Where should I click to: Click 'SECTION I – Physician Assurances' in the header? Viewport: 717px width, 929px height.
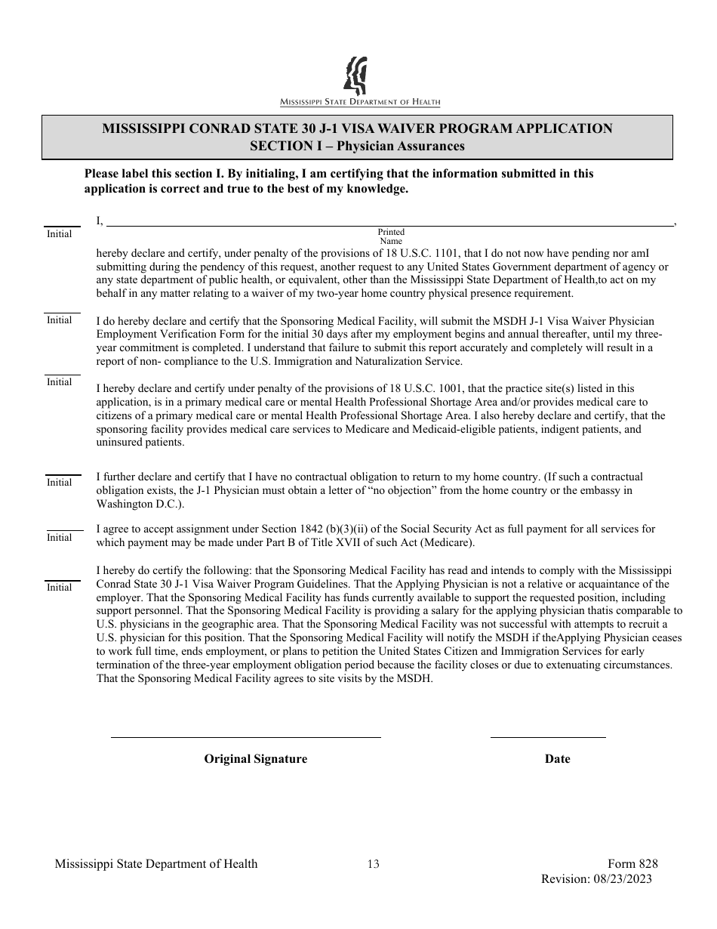[x=357, y=147]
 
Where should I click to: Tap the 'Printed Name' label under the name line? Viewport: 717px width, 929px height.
[x=391, y=236]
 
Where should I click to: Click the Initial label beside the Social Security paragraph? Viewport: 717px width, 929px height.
[x=59, y=538]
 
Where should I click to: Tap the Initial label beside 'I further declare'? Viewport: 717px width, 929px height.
[x=59, y=483]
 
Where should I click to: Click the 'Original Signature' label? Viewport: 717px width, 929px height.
[x=255, y=759]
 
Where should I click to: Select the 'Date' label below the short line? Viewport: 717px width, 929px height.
[x=557, y=759]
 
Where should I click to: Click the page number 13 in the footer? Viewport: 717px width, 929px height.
[x=373, y=864]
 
